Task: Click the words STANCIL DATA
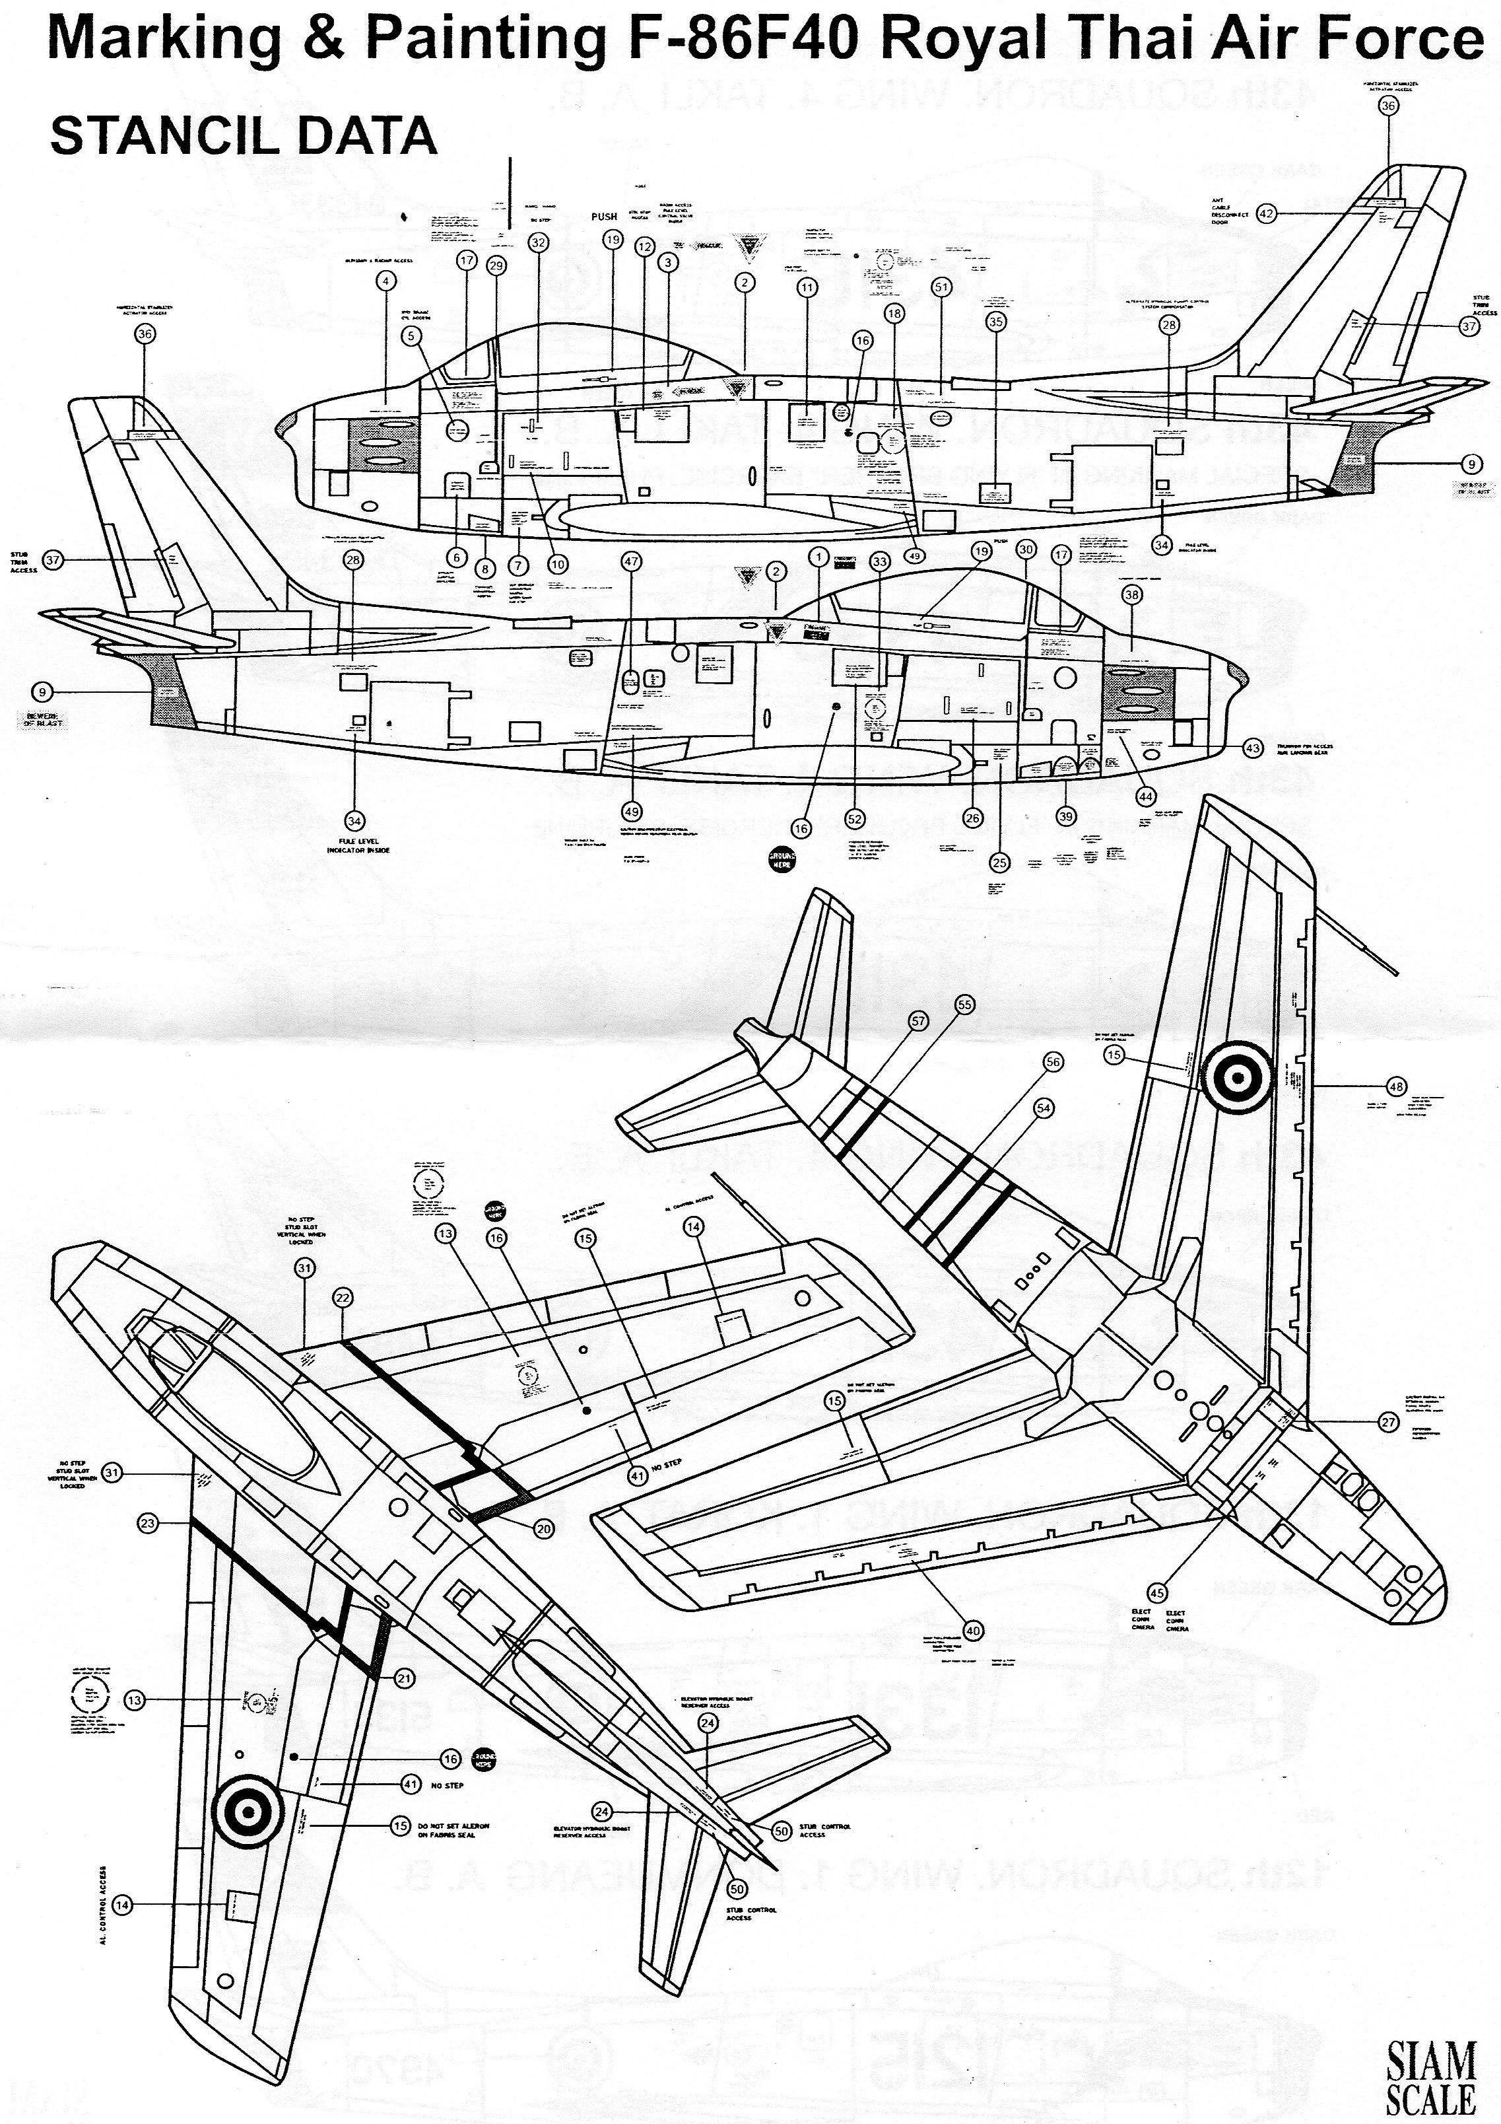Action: pos(243,136)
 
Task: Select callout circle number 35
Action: pos(995,322)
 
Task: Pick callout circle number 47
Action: pos(632,561)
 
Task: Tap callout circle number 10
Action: pos(558,563)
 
